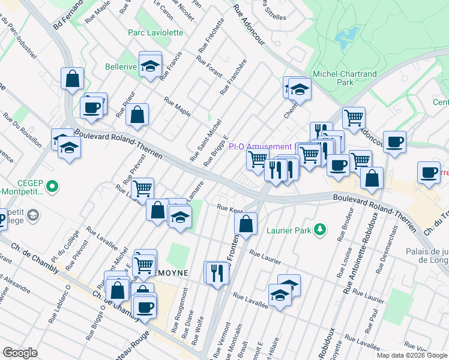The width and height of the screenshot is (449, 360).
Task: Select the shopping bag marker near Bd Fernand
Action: tap(72, 79)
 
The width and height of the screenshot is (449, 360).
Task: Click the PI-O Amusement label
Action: tap(260, 147)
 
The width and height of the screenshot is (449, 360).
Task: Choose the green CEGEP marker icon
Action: tap(52, 187)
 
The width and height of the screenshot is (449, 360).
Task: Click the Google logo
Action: tap(20, 352)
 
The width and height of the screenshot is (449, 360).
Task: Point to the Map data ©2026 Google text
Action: tap(411, 355)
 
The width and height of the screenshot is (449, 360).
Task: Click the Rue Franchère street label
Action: tap(234, 77)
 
